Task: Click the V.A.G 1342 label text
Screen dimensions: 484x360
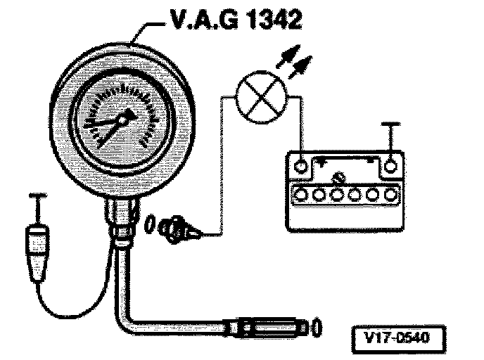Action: pyautogui.click(x=233, y=20)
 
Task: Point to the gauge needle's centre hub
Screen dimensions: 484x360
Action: pyautogui.click(x=125, y=120)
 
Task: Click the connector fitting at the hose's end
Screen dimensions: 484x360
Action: pyautogui.click(x=267, y=327)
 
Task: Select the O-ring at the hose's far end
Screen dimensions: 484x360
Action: pyautogui.click(x=317, y=327)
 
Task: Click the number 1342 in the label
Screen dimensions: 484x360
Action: pyautogui.click(x=271, y=20)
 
